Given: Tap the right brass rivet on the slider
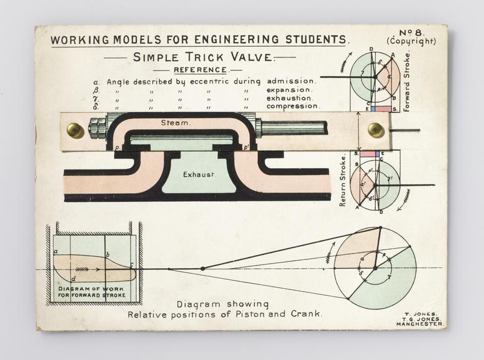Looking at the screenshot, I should coord(376,130).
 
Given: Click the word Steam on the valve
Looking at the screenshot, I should coord(175,123).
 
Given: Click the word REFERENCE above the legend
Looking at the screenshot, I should coord(200,70).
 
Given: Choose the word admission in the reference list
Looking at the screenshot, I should coord(292,81).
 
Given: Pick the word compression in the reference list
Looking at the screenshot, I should coord(294,106).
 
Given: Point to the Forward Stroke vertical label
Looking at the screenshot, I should coord(407,82).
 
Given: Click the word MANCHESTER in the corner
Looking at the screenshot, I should coord(419,324).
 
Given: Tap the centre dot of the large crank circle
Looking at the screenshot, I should coord(375,268).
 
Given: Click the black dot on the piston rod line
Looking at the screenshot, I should coord(202,268).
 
